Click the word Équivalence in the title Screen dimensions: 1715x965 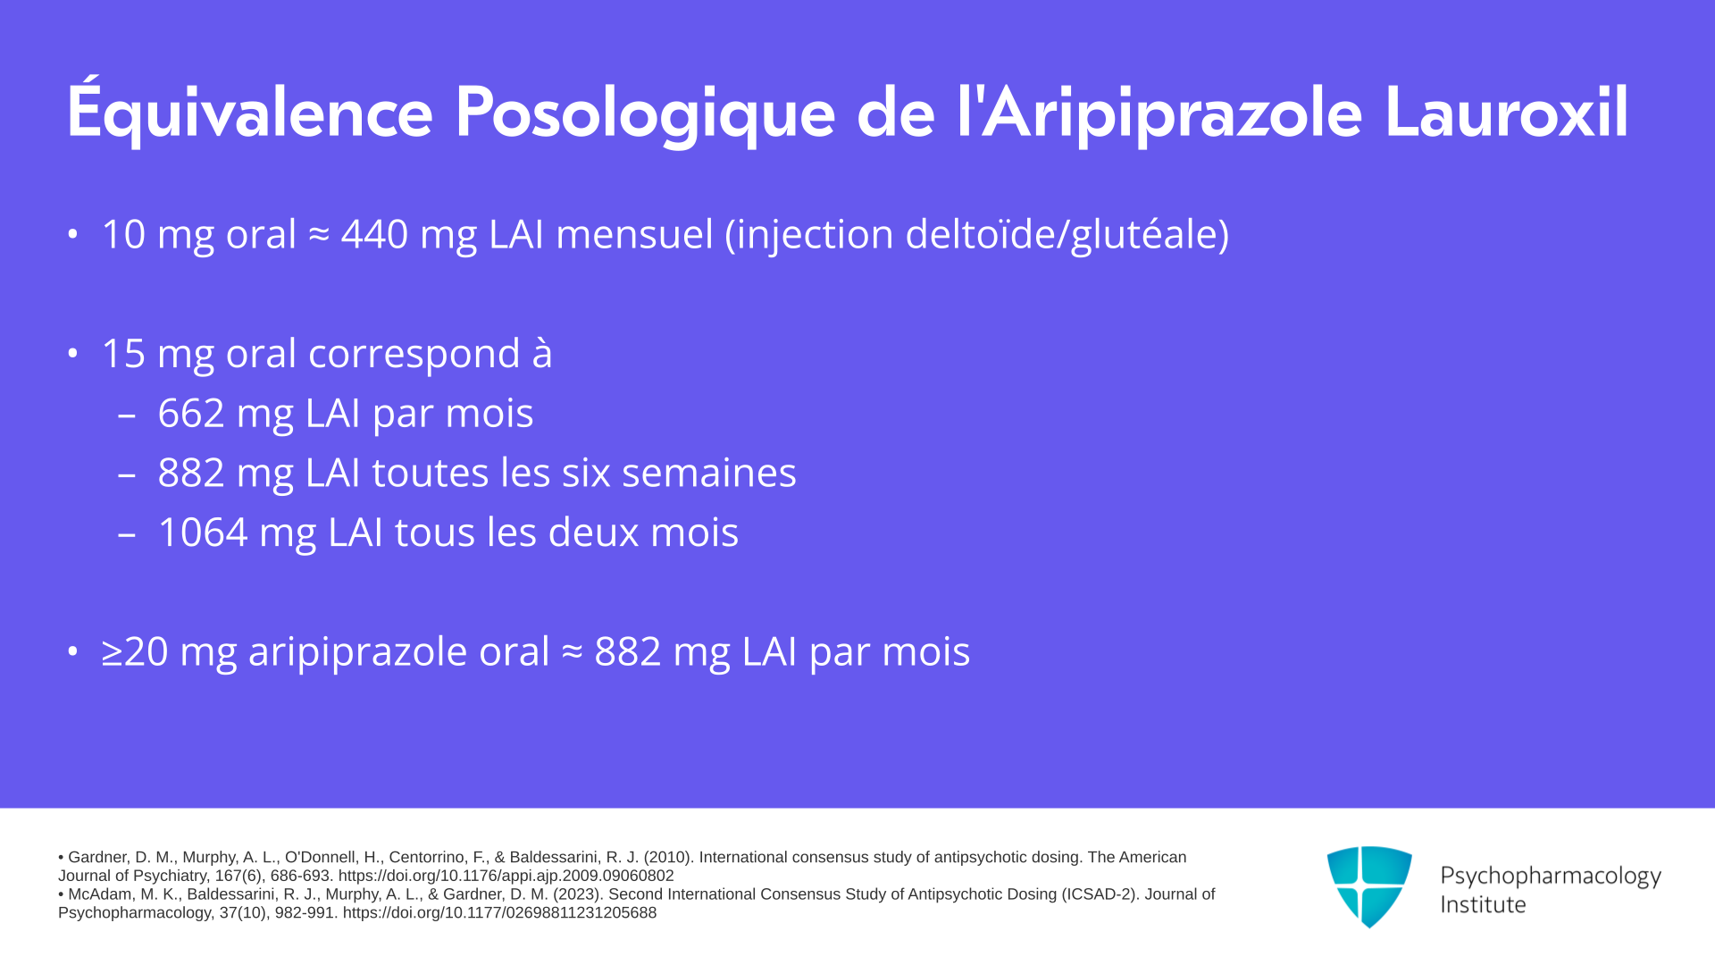(250, 112)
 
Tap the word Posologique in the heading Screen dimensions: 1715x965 (645, 113)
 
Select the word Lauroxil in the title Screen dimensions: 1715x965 (1507, 113)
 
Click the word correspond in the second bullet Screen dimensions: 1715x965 (414, 354)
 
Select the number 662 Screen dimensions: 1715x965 (191, 413)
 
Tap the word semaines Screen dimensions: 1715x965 (708, 473)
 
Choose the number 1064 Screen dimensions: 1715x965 (203, 533)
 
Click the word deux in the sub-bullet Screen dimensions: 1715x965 (593, 533)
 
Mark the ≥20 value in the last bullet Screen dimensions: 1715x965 (135, 651)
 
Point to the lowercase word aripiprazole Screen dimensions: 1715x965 (398, 652)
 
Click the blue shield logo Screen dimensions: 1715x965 (1369, 886)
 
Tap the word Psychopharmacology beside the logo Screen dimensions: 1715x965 (1551, 876)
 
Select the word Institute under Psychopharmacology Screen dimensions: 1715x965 (1483, 904)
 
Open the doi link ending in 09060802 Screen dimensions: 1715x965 (506, 877)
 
